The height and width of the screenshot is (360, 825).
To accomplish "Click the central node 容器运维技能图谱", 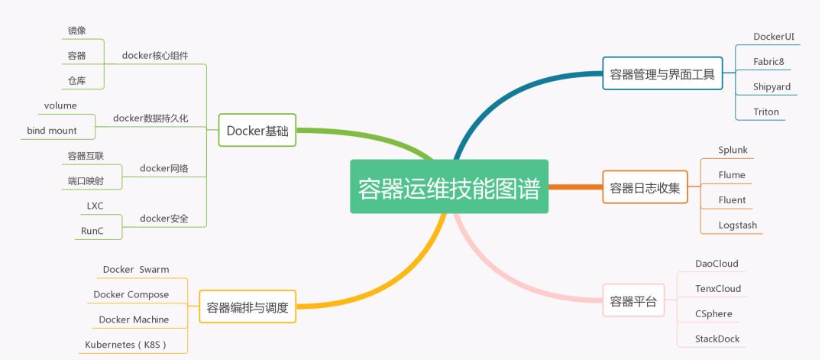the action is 449,186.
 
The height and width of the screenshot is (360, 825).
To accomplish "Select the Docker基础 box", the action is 257,130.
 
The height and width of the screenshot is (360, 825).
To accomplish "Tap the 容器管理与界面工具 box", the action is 662,73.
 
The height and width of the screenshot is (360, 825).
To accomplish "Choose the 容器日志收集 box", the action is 645,186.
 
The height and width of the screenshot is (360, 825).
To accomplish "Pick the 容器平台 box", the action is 633,300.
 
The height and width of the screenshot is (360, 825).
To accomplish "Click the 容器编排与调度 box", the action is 247,306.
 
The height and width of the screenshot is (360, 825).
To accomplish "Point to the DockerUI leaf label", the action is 773,37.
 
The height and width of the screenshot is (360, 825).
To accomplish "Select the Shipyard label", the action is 772,87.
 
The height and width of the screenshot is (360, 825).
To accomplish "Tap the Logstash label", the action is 738,225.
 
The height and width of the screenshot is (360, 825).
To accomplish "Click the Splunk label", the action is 733,150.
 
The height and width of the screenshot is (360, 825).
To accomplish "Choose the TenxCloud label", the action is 717,288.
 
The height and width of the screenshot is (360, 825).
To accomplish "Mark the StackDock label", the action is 717,339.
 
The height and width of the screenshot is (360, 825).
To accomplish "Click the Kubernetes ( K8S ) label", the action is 126,345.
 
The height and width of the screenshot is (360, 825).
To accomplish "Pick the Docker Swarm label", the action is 136,270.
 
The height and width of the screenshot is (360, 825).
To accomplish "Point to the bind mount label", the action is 52,131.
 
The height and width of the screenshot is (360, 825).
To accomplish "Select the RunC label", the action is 92,231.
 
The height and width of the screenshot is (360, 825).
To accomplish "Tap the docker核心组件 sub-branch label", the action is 154,55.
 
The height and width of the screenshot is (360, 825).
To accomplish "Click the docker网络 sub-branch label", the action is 164,168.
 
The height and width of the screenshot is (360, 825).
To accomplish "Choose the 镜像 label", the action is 77,31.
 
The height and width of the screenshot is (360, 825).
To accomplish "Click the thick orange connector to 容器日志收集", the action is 576,186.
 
